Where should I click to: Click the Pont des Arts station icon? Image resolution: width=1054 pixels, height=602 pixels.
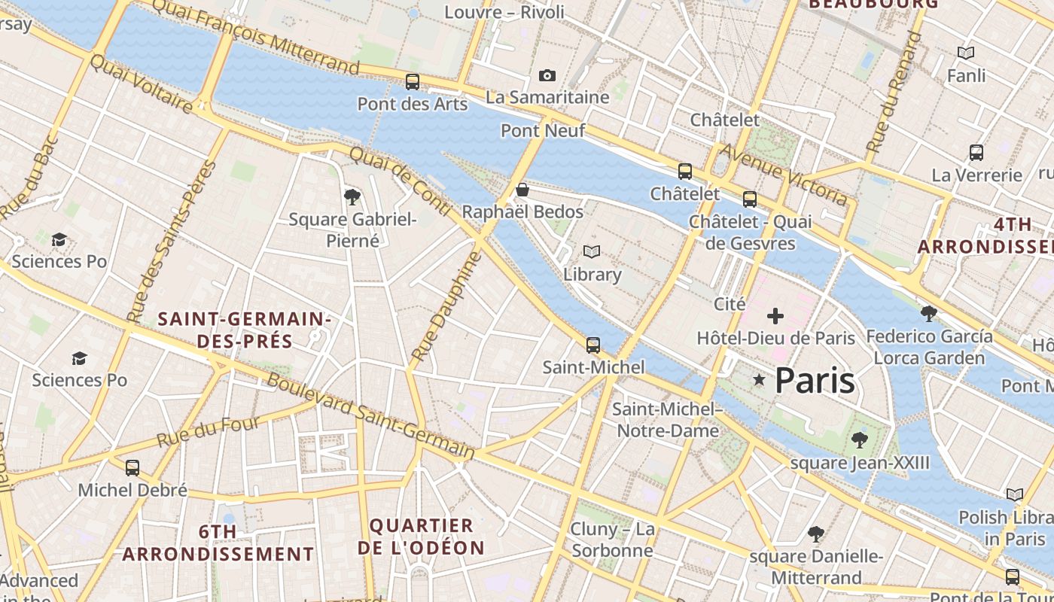[x=412, y=82]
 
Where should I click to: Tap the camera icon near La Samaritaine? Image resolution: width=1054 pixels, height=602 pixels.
[x=547, y=75]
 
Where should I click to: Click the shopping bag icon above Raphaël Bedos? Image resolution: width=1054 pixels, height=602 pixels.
[x=522, y=190]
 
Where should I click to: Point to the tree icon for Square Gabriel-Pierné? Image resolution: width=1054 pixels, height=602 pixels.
[x=352, y=197]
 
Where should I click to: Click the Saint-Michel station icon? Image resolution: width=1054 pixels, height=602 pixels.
[x=593, y=345]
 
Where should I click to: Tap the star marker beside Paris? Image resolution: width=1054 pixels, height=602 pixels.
[x=759, y=381]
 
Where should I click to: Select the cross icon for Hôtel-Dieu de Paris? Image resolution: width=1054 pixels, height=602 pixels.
[x=775, y=316]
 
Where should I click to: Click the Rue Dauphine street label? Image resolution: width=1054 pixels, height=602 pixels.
[x=446, y=306]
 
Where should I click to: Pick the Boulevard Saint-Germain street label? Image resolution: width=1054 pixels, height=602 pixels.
[x=370, y=416]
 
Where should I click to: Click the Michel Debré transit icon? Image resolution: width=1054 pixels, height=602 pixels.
[x=133, y=468]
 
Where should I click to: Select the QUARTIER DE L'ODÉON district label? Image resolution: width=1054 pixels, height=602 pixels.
[x=421, y=537]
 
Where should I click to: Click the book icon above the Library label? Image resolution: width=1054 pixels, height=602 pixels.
[x=592, y=252]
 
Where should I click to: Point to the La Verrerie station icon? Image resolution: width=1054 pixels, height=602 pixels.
[x=976, y=153]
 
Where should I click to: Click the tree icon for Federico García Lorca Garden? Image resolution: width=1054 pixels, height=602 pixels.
[x=929, y=313]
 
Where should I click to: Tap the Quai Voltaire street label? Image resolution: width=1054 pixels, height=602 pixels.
[x=142, y=84]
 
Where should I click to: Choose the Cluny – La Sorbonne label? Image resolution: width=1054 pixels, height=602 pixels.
[x=612, y=540]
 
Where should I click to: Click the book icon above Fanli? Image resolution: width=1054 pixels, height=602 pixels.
[x=966, y=53]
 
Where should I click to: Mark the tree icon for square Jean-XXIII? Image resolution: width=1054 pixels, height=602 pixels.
[x=859, y=440]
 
